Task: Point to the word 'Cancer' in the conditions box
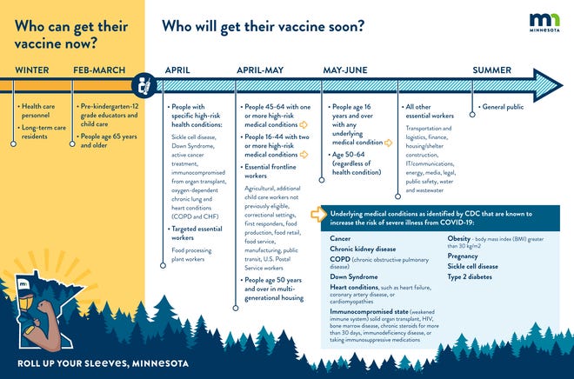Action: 340,237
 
